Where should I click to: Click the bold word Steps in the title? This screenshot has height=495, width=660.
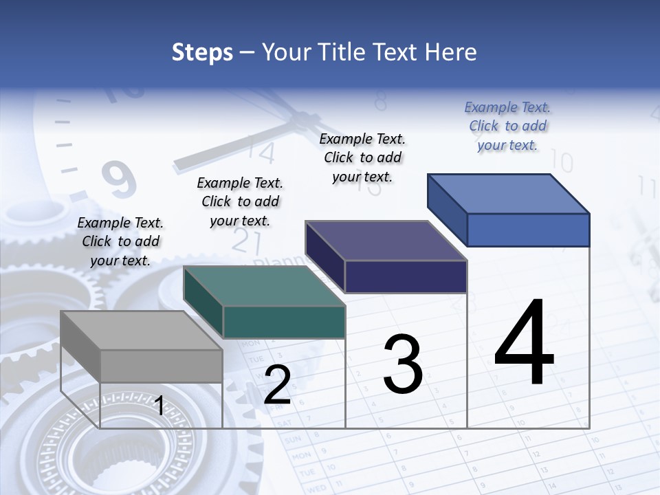coord(202,52)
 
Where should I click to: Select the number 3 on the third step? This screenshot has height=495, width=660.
coord(403,364)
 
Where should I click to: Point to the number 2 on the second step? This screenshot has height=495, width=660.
coord(277,385)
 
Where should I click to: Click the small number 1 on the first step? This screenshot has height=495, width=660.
coord(159,406)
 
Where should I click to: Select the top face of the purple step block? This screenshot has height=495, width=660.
coord(386,241)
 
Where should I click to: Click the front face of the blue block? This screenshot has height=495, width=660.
coord(528,230)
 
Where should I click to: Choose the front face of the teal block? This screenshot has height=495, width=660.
coord(284,322)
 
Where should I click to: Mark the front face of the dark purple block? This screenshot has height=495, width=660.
coord(406,276)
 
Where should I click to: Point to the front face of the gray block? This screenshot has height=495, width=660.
coord(161,366)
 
